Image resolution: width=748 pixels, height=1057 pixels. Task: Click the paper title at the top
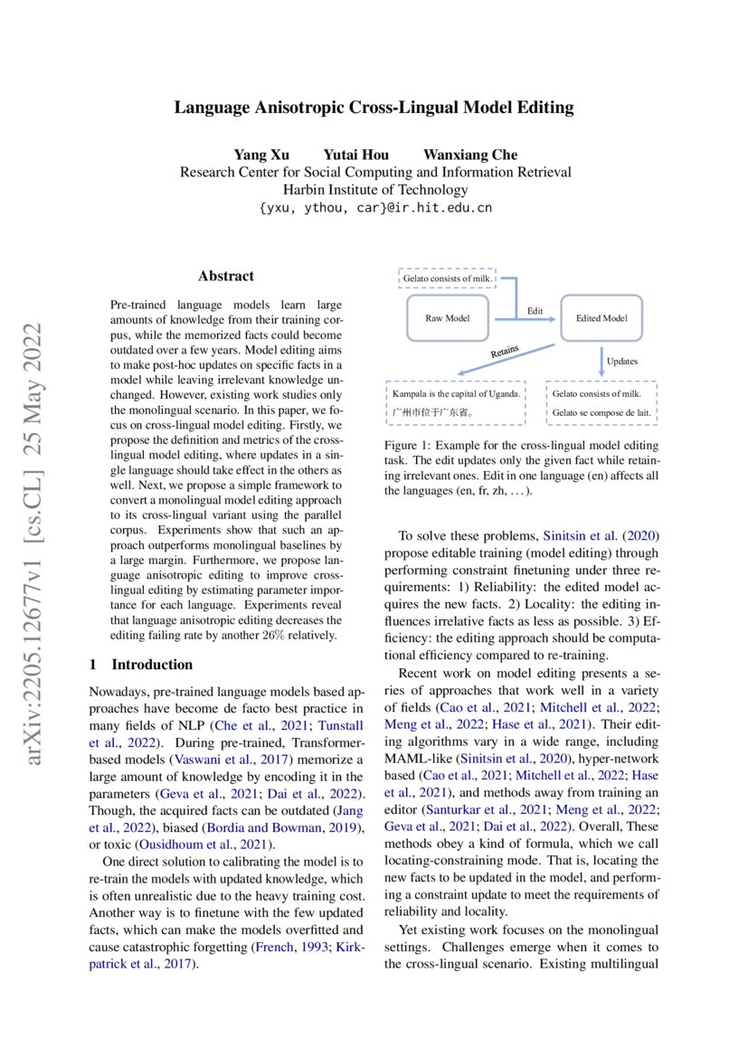[x=374, y=108]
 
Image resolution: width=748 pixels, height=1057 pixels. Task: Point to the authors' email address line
[x=374, y=208]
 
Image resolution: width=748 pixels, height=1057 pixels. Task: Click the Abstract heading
[x=225, y=276]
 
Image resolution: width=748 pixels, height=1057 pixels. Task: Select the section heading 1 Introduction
[x=140, y=665]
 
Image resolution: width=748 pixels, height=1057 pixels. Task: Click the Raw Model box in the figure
[x=447, y=318]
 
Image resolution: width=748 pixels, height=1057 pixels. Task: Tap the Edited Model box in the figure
[x=601, y=318]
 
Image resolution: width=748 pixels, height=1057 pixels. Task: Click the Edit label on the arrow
[x=535, y=311]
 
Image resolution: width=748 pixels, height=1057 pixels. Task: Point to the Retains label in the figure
[x=504, y=349]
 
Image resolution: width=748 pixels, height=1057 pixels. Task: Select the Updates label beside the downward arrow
[x=621, y=361]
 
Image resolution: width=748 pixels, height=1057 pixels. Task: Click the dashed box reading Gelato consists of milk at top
[x=447, y=278]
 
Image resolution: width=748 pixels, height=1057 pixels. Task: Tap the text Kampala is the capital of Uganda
[x=456, y=394]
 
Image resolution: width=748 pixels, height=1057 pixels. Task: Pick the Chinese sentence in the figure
[x=432, y=414]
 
